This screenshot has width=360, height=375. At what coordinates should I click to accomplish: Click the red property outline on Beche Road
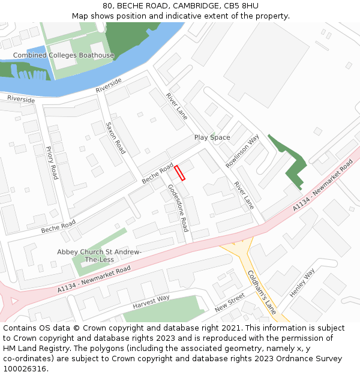tap(180, 173)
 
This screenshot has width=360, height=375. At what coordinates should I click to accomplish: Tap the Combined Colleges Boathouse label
tap(64, 56)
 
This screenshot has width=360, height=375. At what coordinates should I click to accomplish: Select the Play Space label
tap(212, 137)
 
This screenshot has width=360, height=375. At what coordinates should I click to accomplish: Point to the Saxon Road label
tap(115, 138)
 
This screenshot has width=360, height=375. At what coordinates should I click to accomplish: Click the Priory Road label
tap(52, 163)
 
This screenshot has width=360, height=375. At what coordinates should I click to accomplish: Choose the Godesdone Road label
tap(178, 208)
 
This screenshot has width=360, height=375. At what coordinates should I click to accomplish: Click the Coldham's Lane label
tap(262, 292)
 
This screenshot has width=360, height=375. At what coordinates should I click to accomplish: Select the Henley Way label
tap(302, 283)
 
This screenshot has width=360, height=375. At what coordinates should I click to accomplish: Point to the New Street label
tap(230, 302)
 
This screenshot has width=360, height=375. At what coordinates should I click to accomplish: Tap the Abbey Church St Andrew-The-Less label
tap(99, 256)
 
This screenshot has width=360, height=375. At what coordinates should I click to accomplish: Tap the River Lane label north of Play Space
tap(177, 106)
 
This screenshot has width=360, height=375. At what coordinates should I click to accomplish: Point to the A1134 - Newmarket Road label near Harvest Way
tap(94, 280)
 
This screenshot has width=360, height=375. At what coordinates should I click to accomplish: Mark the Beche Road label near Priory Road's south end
tap(58, 226)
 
